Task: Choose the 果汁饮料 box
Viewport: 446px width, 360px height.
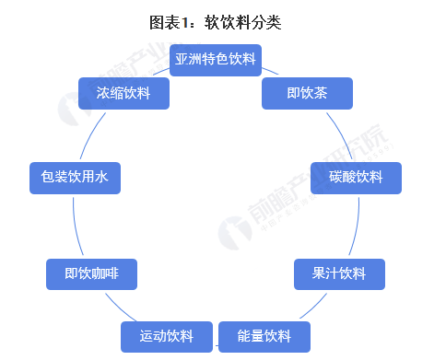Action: pyautogui.click(x=339, y=273)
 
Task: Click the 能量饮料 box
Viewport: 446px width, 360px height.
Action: pyautogui.click(x=264, y=336)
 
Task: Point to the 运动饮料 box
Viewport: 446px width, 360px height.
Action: pyautogui.click(x=167, y=336)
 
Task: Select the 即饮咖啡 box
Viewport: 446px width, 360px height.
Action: pyautogui.click(x=92, y=273)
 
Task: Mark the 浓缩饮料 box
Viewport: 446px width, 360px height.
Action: pyautogui.click(x=123, y=93)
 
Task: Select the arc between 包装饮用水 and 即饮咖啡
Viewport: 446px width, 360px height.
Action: pyautogui.click(x=74, y=226)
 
